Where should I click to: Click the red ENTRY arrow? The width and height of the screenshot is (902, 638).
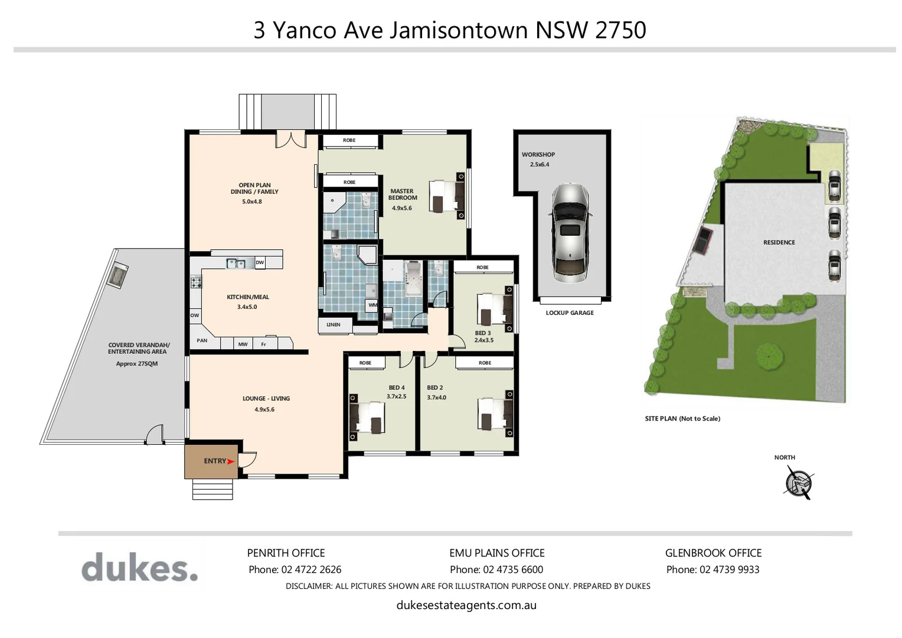231,461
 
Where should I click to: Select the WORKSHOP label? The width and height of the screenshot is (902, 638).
538,155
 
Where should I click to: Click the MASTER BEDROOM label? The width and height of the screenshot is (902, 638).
402,194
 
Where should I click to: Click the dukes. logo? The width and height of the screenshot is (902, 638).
139,567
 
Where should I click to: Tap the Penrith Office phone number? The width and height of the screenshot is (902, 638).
295,569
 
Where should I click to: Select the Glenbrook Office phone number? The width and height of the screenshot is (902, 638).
713,569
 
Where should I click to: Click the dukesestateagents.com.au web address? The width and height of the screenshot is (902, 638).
466,605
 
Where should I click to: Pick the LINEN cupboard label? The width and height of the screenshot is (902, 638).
334,324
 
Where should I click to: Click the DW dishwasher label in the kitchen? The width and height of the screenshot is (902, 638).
260,262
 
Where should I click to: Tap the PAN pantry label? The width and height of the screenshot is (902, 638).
202,340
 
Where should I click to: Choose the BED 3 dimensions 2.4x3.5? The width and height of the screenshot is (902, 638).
483,340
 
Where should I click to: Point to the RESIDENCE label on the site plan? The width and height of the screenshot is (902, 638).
779,242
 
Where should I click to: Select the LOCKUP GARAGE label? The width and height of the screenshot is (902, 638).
570,313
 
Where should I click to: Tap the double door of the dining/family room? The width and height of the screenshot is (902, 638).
290,140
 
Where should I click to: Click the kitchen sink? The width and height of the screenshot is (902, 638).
236,263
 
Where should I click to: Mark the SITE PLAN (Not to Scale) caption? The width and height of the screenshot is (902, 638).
682,418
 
